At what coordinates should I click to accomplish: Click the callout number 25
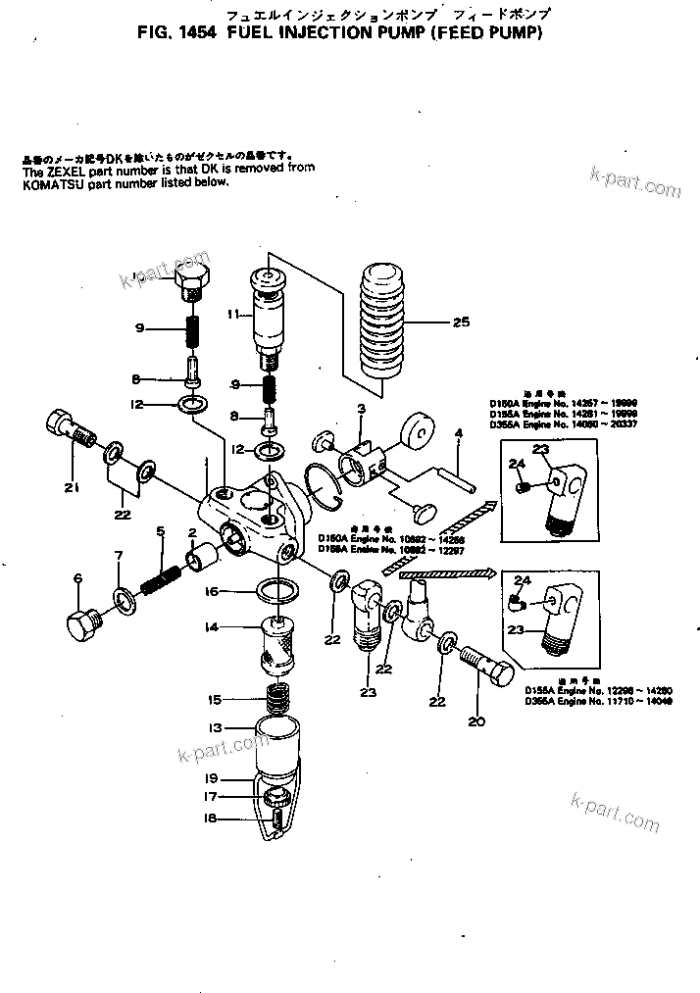tap(461, 323)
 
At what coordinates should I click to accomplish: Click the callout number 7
tap(119, 556)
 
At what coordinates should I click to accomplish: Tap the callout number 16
tap(212, 593)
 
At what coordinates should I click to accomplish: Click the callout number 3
tap(361, 407)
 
